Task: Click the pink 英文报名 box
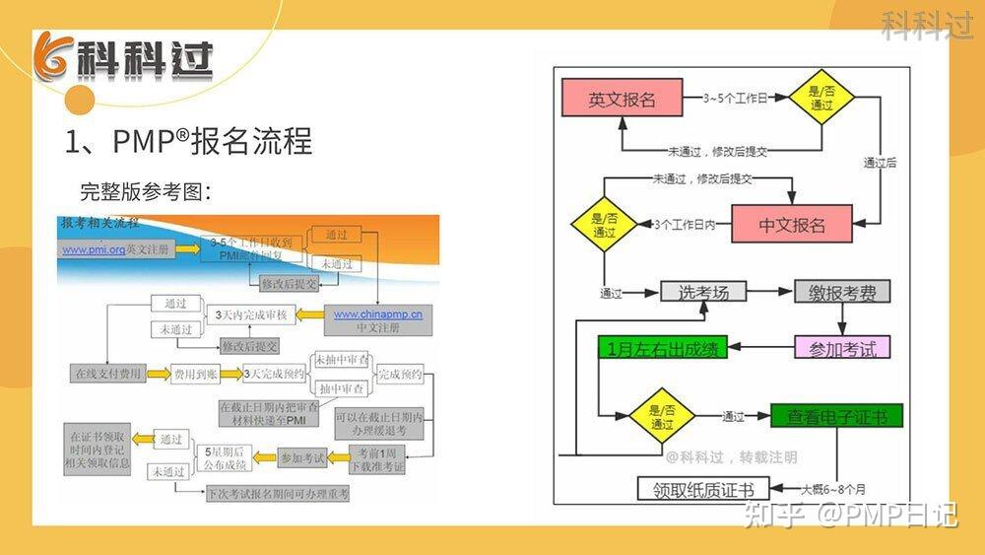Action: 623,100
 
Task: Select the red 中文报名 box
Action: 792,225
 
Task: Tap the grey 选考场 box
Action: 703,292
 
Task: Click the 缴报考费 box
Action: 842,292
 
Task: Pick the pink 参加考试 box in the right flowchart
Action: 842,347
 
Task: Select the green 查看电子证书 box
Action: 836,417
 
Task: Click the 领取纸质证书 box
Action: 702,490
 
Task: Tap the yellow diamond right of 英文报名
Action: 821,100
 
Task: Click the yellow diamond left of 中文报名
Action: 604,225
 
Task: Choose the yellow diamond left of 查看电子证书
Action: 662,417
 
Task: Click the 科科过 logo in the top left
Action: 123,61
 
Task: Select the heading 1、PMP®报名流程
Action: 188,141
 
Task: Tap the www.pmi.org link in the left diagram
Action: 94,250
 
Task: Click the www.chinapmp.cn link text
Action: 377,314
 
